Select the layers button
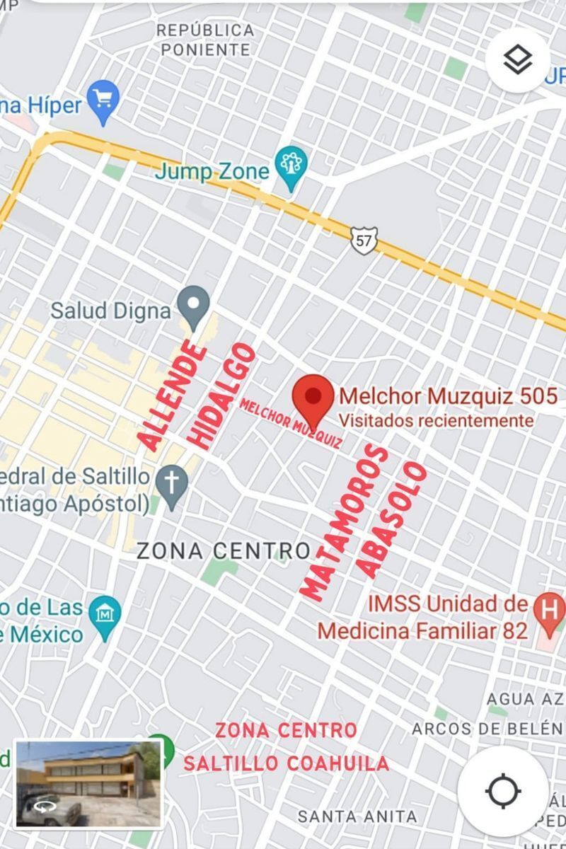click(x=518, y=60)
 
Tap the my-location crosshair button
click(x=503, y=790)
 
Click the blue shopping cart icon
click(x=103, y=100)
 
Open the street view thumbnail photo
click(x=88, y=784)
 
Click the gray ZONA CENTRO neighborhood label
click(x=224, y=550)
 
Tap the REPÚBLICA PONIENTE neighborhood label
click(x=205, y=40)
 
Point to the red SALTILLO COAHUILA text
click(x=286, y=763)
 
